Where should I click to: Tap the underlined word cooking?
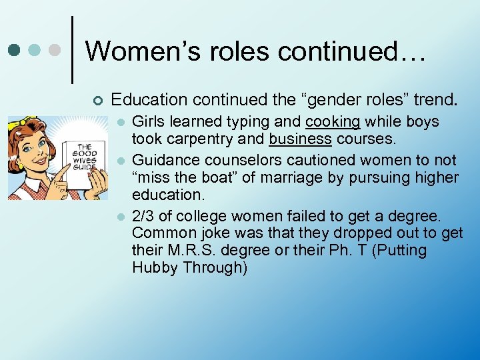click(333, 122)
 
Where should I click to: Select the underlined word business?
click(300, 139)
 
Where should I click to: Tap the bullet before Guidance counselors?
click(121, 161)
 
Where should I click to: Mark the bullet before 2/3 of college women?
click(121, 217)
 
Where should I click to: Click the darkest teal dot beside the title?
click(13, 50)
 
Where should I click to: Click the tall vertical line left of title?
click(72, 50)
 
